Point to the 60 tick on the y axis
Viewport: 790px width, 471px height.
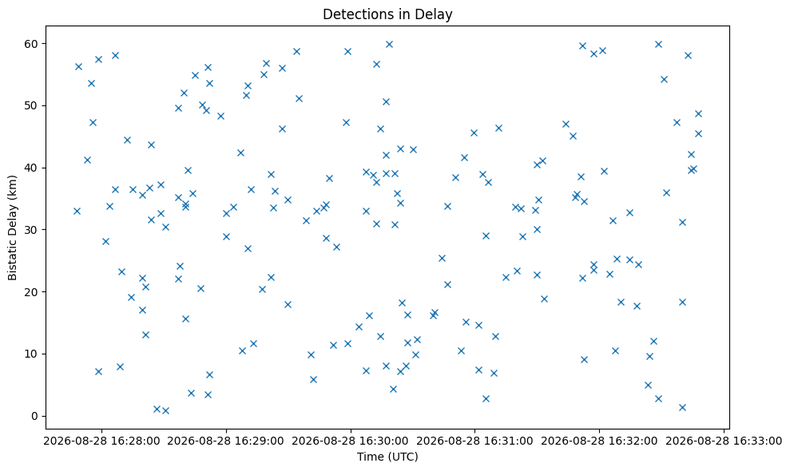coord(31,44)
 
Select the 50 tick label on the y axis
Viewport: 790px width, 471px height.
coord(31,106)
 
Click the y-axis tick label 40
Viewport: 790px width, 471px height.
coord(31,168)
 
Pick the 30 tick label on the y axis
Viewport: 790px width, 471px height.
coord(31,230)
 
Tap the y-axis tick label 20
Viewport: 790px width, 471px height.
coord(31,292)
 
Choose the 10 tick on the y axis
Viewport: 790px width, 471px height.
coord(31,354)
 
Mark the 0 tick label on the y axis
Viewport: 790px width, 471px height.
coord(35,416)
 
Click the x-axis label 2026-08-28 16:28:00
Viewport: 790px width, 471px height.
coord(101,441)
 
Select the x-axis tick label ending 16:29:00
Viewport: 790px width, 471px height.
coord(226,441)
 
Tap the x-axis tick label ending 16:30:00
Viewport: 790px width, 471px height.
coord(350,441)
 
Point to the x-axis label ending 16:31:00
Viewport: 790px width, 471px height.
coord(474,441)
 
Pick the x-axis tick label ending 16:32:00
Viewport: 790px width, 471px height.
coord(599,441)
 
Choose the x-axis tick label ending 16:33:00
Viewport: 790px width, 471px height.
coord(724,441)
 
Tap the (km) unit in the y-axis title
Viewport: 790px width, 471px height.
coord(13,186)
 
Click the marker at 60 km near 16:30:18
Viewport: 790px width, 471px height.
coord(389,45)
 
